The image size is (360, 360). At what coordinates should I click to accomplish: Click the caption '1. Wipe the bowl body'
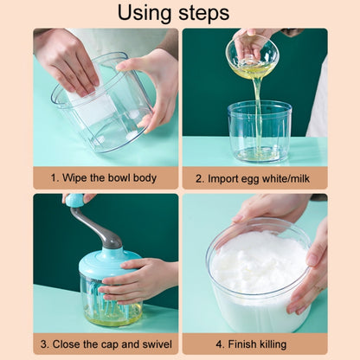[x=104, y=177]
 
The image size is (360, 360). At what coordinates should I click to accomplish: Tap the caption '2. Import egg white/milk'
[x=254, y=177]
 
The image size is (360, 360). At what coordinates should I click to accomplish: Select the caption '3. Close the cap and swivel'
[x=106, y=344]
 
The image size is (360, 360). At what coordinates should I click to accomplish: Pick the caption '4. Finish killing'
[x=254, y=344]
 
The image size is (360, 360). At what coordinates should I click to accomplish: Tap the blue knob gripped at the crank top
[x=75, y=201]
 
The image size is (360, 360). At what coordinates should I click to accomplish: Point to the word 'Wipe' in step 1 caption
[x=80, y=177]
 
